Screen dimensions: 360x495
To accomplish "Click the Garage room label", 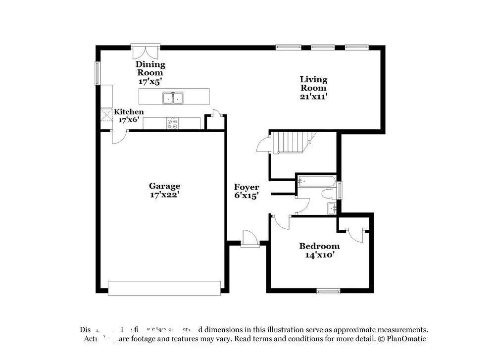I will (x=164, y=190).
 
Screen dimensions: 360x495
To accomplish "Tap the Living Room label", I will (x=313, y=88).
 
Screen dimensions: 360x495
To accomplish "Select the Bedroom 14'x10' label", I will (x=319, y=251).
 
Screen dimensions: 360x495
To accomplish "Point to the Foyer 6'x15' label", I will (x=247, y=191).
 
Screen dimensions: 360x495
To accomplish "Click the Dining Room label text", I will (x=150, y=73).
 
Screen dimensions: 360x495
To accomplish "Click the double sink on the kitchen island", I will (x=173, y=98).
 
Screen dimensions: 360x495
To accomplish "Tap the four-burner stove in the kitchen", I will (x=173, y=124).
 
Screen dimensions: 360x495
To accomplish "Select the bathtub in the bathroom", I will (x=317, y=181).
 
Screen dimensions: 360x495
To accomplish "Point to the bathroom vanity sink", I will (x=332, y=208).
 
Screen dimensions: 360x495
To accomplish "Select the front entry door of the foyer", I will (x=249, y=239).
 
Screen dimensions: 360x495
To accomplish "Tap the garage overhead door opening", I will (x=164, y=288).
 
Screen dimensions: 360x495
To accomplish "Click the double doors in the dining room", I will (x=146, y=51).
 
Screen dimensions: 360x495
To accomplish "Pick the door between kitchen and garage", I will (x=119, y=137).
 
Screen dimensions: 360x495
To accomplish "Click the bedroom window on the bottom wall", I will (x=329, y=292).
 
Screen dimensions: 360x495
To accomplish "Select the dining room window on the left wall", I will (x=98, y=72).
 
